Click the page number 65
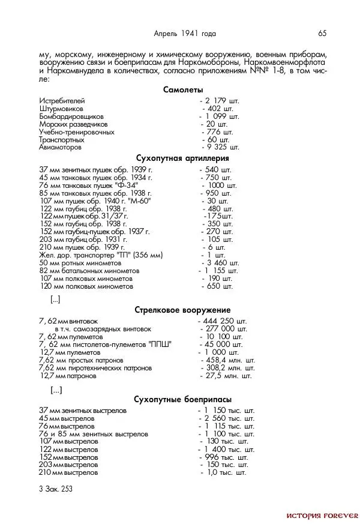pos(322,33)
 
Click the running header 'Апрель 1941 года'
pos(185,33)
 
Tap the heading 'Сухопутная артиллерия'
pos(182,158)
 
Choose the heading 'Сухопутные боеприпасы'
pos(182,399)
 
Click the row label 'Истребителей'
pos(62,100)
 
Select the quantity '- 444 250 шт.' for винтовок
pos(222,321)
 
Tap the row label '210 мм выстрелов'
pos(68,472)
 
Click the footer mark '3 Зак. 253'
pos(55,489)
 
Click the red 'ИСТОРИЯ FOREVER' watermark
pos(322,515)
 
